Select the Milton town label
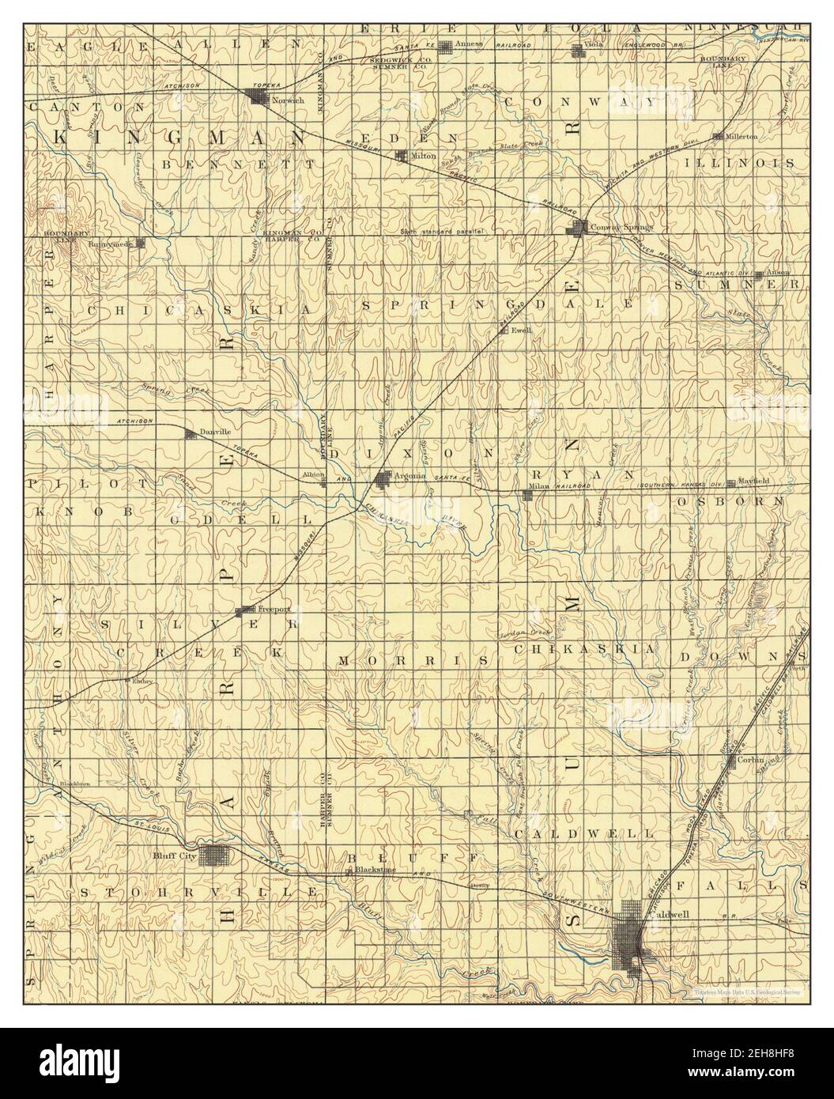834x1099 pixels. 424,156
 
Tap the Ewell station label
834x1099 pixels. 519,330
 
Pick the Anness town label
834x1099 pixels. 469,44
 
